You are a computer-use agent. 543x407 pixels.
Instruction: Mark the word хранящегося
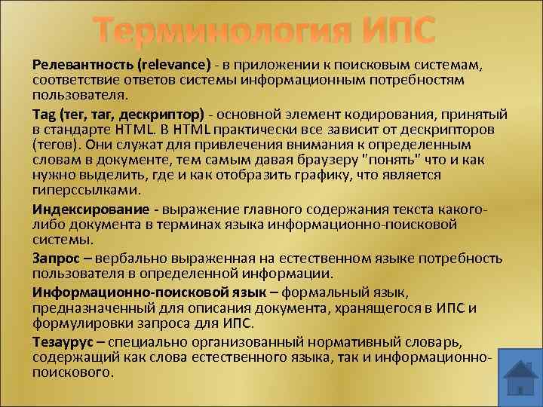[384, 308]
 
